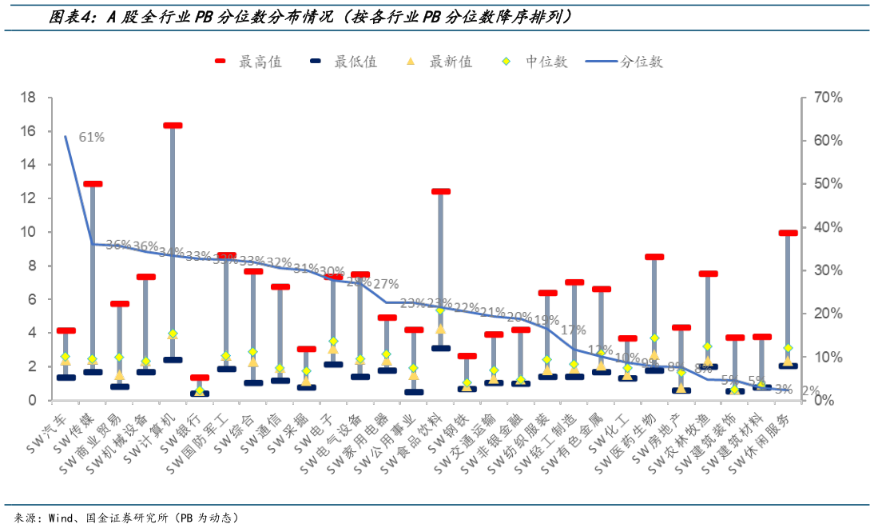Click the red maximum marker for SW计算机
pos(173,126)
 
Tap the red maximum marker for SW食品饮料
pos(440,192)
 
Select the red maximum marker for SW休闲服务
pos(788,233)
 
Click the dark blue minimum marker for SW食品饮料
pos(440,348)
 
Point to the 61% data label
pos(91,137)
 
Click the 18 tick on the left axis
pos(28,98)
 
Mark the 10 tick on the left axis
pos(28,232)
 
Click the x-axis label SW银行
pos(192,429)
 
